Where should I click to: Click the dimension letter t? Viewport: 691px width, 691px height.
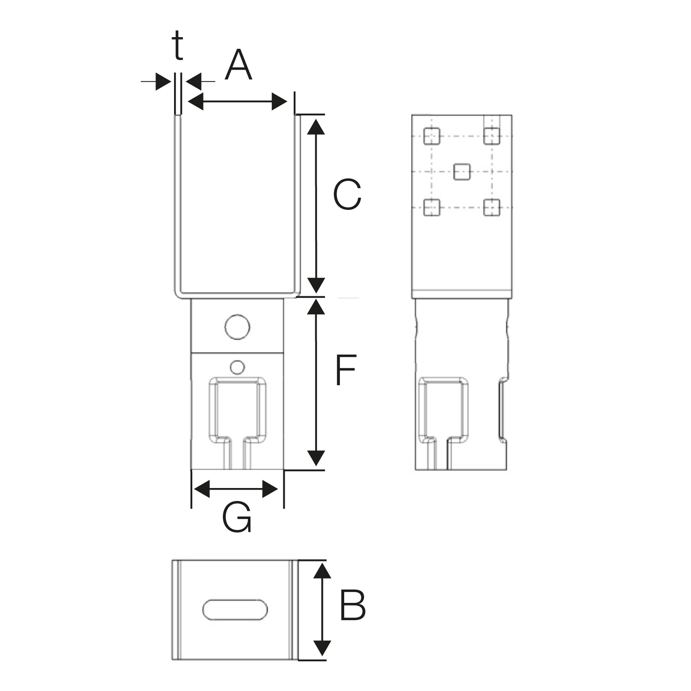pyautogui.click(x=178, y=46)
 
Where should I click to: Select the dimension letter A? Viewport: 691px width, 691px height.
pyautogui.click(x=238, y=65)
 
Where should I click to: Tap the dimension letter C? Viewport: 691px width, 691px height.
pyautogui.click(x=347, y=195)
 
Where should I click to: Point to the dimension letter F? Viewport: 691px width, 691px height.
pyautogui.click(x=345, y=370)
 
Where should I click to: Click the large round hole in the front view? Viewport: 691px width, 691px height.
pyautogui.click(x=238, y=327)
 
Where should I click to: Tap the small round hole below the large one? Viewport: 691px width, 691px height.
pyautogui.click(x=237, y=367)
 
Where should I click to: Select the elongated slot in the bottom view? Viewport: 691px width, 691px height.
pyautogui.click(x=235, y=610)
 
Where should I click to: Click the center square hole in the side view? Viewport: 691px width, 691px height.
pyautogui.click(x=462, y=171)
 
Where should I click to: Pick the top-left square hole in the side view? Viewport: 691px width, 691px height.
pyautogui.click(x=431, y=136)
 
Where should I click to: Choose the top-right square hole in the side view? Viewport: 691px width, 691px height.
pyautogui.click(x=491, y=136)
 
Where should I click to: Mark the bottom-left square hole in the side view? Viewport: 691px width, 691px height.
pyautogui.click(x=431, y=207)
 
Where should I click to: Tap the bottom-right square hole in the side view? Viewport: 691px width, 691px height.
pyautogui.click(x=491, y=207)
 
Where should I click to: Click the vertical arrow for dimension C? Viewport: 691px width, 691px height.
pyautogui.click(x=317, y=206)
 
